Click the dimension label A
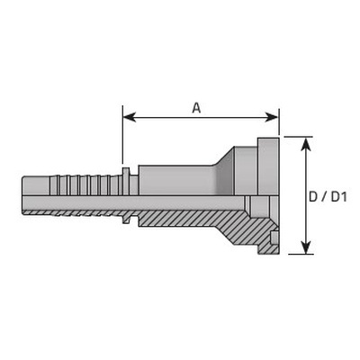196,108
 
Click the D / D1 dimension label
328,197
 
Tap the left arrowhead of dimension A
130,117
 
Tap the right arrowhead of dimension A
272,117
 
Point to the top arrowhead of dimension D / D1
306,145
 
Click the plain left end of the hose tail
36,186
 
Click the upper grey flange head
268,166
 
